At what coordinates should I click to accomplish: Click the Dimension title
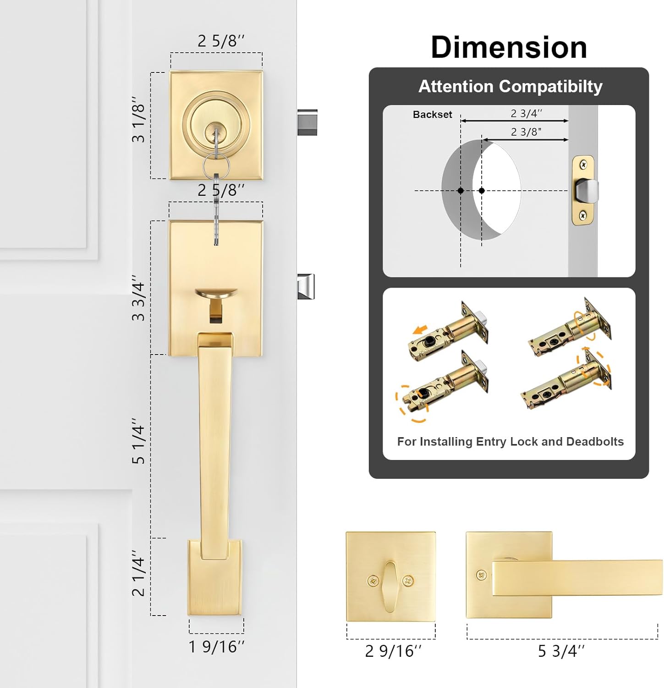[x=509, y=47]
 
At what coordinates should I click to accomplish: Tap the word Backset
[x=432, y=115]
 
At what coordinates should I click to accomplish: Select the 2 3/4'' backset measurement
[x=526, y=113]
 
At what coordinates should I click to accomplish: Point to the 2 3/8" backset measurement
[x=526, y=132]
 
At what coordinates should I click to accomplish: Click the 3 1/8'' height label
[x=138, y=119]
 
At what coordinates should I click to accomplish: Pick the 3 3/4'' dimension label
[x=138, y=298]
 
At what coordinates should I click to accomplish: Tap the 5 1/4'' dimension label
[x=138, y=441]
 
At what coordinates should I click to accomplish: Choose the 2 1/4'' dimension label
[x=138, y=573]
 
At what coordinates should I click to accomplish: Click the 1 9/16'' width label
[x=216, y=647]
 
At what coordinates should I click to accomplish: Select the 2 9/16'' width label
[x=393, y=651]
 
